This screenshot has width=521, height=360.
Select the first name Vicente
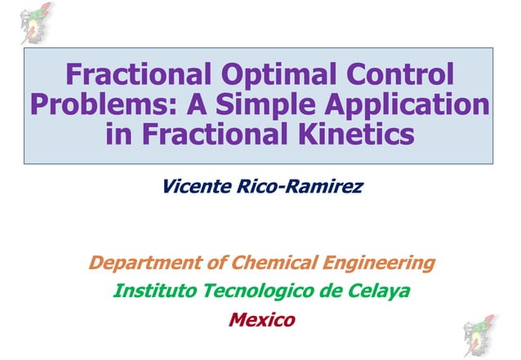point(195,187)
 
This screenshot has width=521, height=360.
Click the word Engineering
point(372,264)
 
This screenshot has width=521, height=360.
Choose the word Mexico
point(261,319)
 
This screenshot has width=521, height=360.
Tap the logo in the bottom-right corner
point(483,335)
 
